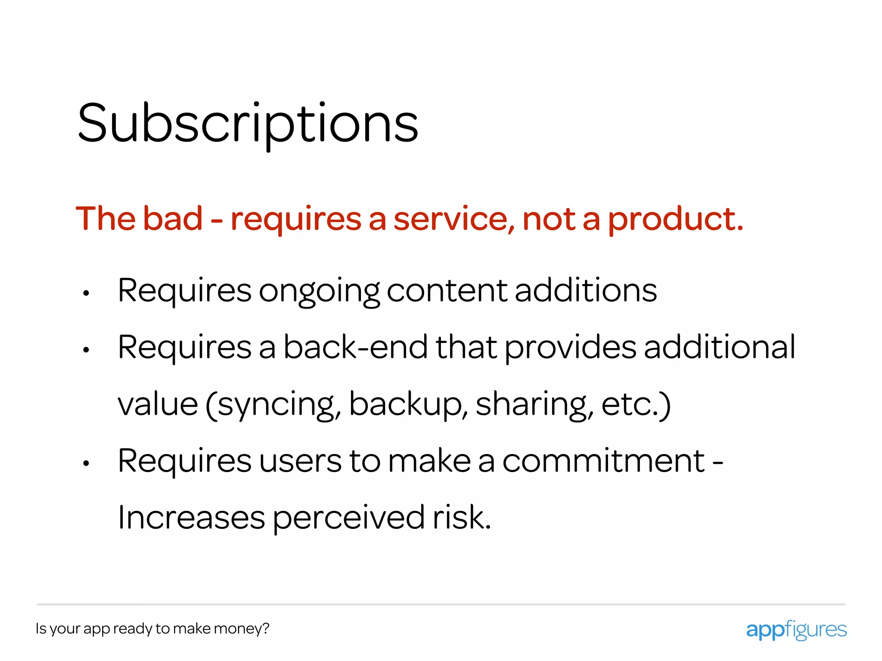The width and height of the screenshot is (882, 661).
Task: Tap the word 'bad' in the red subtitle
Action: click(x=172, y=219)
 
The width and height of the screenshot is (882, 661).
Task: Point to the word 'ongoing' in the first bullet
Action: click(x=319, y=291)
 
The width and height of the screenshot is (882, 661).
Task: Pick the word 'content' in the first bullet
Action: click(x=447, y=290)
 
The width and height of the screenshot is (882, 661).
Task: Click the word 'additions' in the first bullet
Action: click(x=586, y=290)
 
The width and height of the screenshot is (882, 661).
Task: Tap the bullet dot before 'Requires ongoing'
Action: click(x=86, y=293)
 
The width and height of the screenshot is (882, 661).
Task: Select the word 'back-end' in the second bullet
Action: click(x=355, y=347)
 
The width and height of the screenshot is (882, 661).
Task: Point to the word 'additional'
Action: click(x=719, y=347)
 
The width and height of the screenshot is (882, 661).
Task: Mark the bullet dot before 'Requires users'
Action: click(x=86, y=463)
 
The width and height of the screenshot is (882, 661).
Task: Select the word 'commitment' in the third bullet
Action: click(x=603, y=461)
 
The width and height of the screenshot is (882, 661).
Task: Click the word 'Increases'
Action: click(x=191, y=517)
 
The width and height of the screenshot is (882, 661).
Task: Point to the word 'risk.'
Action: click(x=462, y=517)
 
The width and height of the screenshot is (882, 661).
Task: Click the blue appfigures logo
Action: click(x=796, y=630)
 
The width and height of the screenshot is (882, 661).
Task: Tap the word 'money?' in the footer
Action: click(x=241, y=629)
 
